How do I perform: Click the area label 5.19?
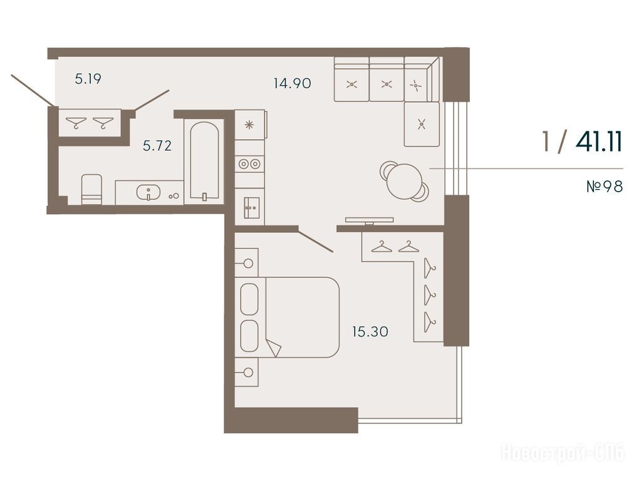88,78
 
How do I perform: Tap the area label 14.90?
293,83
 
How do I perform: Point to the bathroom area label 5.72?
157,145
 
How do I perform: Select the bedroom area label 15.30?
370,332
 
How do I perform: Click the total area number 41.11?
599,142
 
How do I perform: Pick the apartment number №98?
605,187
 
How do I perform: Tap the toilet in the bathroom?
91,189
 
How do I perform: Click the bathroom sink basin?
148,192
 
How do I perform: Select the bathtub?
204,161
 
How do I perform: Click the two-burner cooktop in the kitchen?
249,163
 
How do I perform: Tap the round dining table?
404,181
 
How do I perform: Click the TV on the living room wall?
369,220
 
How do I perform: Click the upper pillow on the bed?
249,299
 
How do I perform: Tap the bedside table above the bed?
246,262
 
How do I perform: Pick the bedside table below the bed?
246,372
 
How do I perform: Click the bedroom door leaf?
316,242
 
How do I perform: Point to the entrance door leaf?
33,90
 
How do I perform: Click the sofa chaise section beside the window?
422,124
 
